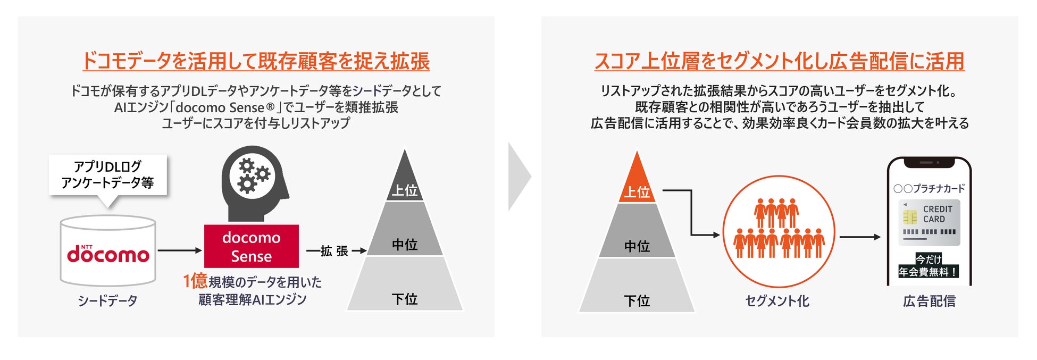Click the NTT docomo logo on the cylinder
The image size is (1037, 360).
pos(108,254)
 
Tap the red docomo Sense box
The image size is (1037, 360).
pos(251,247)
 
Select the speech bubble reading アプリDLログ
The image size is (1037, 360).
pos(108,175)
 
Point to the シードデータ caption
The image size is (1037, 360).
pos(107,301)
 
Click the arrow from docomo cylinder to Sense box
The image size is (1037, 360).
pos(180,250)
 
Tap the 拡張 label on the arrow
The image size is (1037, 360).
pos(334,251)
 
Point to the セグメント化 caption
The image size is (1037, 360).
pos(777,302)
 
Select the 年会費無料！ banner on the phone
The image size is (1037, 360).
pos(929,272)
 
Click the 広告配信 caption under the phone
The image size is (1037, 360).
pos(929,302)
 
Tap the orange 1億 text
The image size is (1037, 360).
pos(195,281)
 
